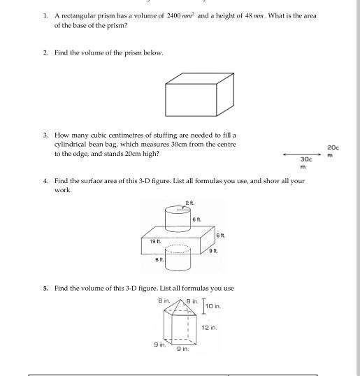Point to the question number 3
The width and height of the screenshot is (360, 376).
coord(45,135)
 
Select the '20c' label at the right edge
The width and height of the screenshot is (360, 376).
coord(333,147)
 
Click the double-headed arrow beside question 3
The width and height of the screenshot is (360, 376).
coord(301,154)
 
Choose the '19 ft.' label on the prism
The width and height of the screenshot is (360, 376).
coord(154,240)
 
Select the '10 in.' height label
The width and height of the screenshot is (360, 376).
coord(213,306)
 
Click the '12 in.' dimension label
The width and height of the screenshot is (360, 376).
coord(209,327)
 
